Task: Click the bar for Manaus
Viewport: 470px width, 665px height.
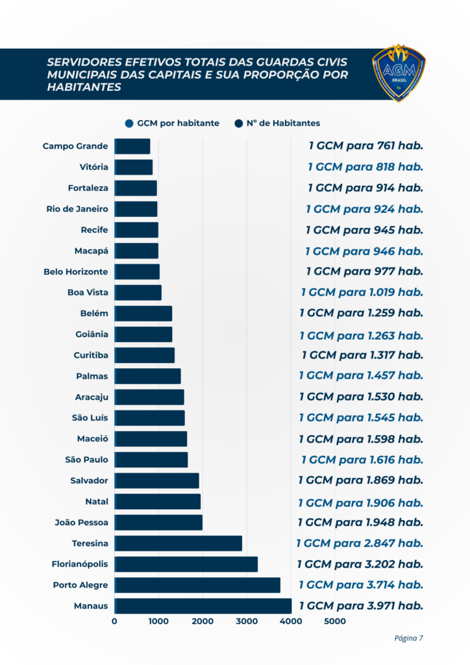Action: coord(203,606)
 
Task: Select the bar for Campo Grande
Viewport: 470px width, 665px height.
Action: coord(132,146)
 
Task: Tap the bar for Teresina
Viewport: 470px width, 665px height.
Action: coord(179,543)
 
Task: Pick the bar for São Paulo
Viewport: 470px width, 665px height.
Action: coord(151,460)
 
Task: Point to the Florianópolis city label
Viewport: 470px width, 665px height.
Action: coord(80,564)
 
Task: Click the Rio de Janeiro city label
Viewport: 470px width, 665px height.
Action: coord(77,209)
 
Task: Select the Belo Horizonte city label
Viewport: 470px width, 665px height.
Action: coord(76,271)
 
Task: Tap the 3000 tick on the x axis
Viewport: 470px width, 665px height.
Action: coord(247,621)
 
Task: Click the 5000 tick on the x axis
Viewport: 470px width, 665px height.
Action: coord(335,621)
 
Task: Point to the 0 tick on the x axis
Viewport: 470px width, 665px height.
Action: coord(115,621)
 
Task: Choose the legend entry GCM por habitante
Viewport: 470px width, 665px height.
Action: coord(172,123)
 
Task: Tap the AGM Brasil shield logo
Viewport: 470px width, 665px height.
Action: coord(399,73)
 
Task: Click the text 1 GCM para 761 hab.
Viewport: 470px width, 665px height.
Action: coord(365,147)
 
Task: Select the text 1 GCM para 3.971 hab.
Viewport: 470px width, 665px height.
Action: coord(361,606)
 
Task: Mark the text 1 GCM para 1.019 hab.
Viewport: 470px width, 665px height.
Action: coord(362,292)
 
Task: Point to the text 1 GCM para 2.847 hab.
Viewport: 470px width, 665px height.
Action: coord(360,543)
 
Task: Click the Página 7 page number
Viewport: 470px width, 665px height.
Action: coord(408,638)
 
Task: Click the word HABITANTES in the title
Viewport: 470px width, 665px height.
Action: coord(84,87)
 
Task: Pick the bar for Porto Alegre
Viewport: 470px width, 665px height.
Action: coord(197,585)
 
